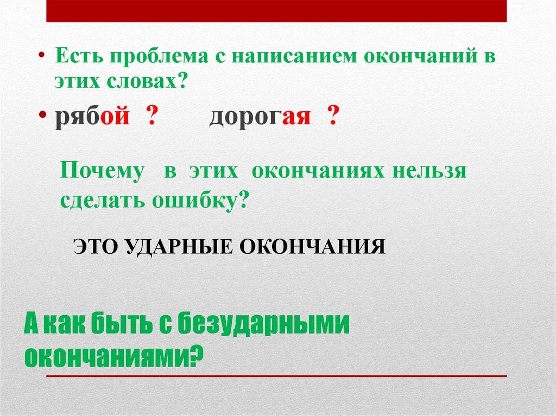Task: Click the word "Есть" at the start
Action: pyautogui.click(x=77, y=57)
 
